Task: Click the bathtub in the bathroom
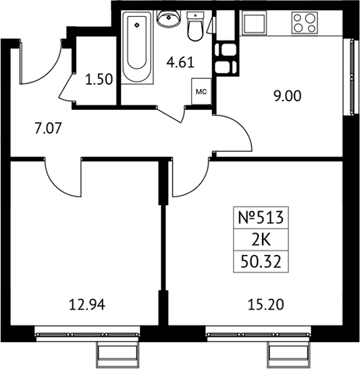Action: point(137,48)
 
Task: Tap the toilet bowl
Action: point(195,31)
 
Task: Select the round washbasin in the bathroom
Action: point(169,18)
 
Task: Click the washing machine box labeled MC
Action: point(201,92)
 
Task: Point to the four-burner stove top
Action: point(304,23)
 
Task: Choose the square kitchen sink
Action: point(254,23)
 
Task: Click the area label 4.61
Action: point(180,63)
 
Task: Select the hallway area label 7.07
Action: point(48,129)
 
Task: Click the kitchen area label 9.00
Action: point(288,96)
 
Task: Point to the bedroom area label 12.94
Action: point(87,305)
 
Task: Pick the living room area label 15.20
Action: point(265,305)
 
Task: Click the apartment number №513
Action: point(261,217)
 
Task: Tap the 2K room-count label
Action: point(261,241)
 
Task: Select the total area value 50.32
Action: point(261,262)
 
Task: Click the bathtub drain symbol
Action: point(137,25)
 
